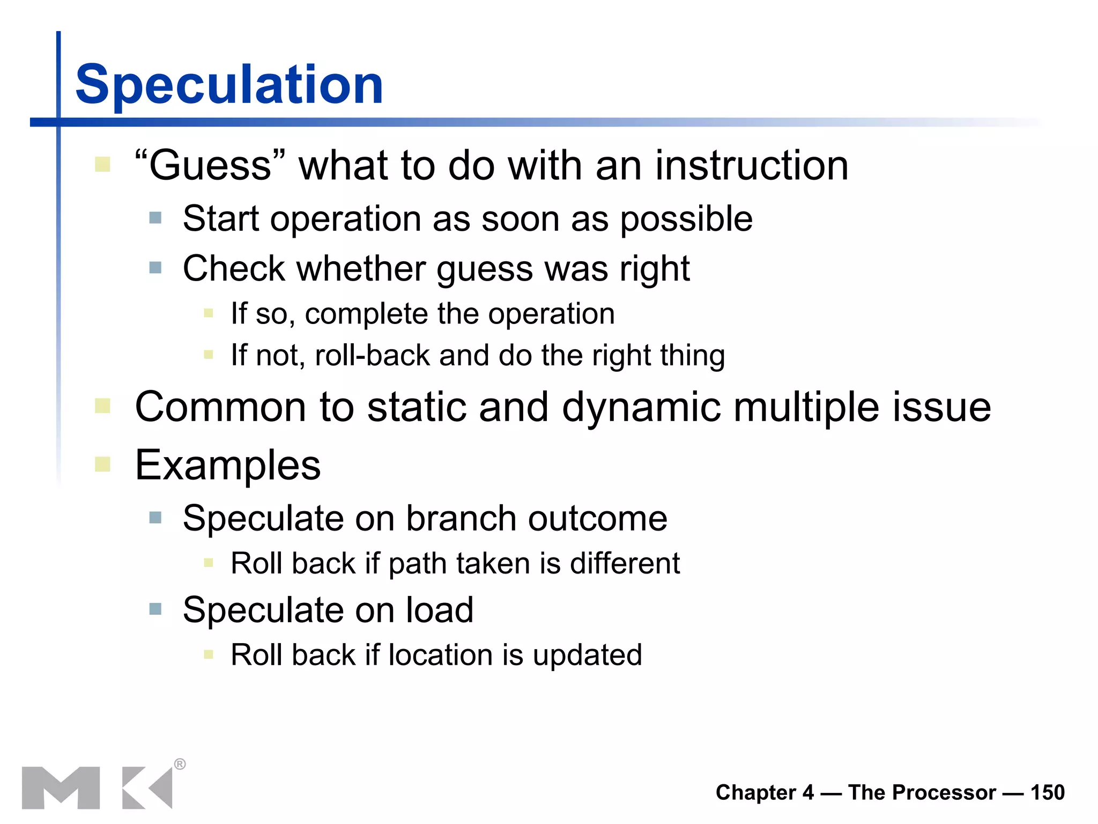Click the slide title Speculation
click(x=229, y=85)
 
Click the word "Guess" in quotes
click(x=210, y=165)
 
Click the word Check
click(x=234, y=268)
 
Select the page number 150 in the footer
click(x=1047, y=792)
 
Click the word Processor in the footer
click(x=922, y=792)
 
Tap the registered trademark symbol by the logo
click(x=180, y=764)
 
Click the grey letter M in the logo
click(x=61, y=788)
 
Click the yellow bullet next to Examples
click(x=102, y=464)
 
